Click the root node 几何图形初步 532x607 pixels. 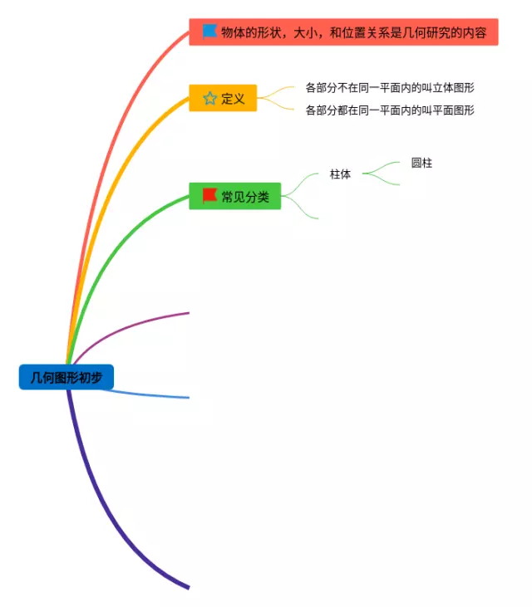pos(66,378)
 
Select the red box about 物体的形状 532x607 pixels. pos(343,32)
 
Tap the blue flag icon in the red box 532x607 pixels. pos(209,32)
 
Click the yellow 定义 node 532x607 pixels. pos(223,99)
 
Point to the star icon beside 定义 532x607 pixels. pos(209,99)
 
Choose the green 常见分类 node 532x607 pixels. pos(234,196)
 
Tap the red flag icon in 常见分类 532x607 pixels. pos(209,195)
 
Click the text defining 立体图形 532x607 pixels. pos(390,87)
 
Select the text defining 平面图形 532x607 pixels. pos(390,110)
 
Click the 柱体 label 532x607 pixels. pos(340,174)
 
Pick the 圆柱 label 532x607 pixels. pos(421,163)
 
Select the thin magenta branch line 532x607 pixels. pos(133,322)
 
